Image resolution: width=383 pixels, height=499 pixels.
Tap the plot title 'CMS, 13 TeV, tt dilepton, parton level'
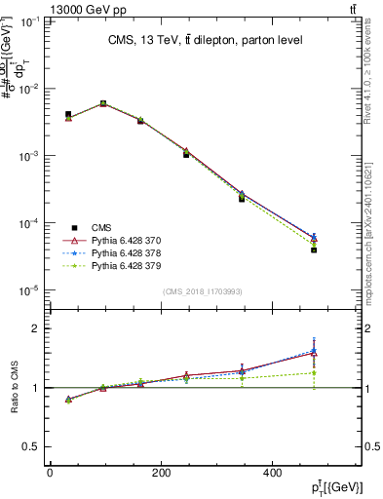tap(205, 40)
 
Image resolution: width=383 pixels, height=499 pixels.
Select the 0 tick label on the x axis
tap(50, 472)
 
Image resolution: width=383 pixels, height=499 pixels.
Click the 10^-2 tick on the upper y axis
tap(31, 89)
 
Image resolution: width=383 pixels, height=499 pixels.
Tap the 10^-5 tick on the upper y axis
tap(31, 290)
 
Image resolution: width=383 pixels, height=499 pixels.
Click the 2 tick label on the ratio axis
tap(35, 328)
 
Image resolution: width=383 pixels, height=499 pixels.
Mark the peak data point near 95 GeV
tap(103, 103)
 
